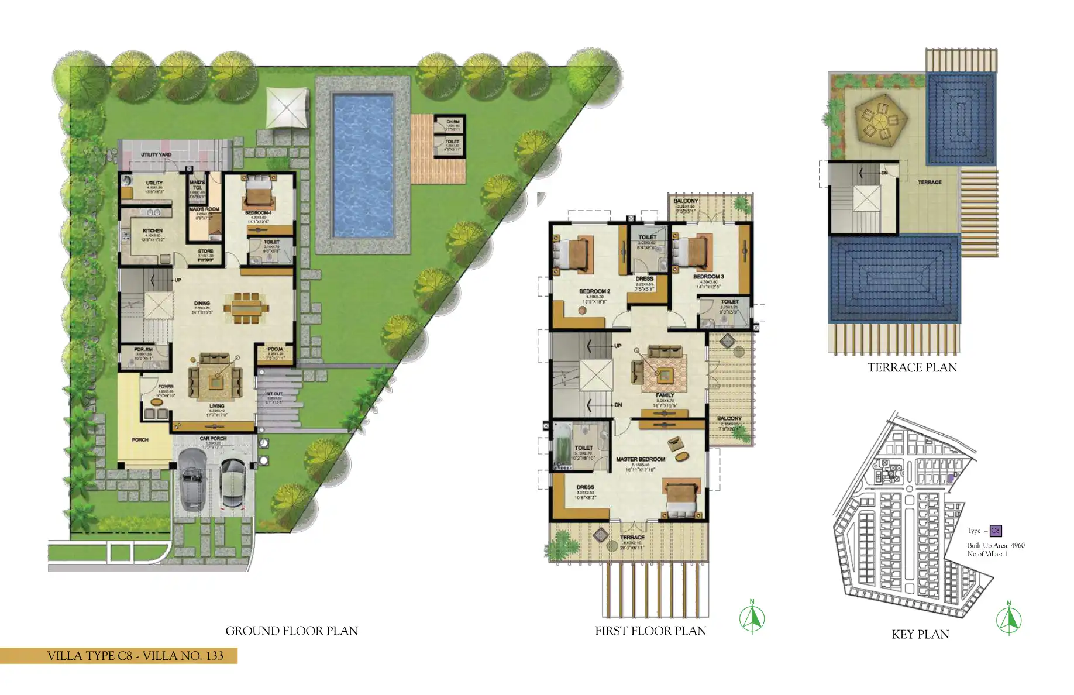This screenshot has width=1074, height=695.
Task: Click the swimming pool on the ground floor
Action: [363, 166]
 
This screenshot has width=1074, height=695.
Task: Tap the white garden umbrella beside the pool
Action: [287, 108]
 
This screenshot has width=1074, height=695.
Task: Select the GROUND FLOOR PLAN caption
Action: [291, 631]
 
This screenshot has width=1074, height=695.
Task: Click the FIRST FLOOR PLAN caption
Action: [650, 631]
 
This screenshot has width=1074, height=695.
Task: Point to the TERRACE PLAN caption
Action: [912, 367]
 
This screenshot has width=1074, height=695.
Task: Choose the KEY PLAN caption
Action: [920, 634]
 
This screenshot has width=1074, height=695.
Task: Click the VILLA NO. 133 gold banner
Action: [119, 655]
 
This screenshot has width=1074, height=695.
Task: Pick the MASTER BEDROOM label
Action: [640, 459]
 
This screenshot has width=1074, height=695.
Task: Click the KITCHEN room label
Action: [153, 230]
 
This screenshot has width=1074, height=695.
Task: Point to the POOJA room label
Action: [275, 349]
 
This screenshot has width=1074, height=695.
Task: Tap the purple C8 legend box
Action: [995, 531]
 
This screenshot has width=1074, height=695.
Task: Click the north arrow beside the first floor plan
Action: [752, 617]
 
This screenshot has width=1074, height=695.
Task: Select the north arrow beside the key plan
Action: [1008, 619]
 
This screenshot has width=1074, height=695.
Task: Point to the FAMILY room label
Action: [665, 395]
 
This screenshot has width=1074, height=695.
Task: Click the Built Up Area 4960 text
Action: [996, 545]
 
